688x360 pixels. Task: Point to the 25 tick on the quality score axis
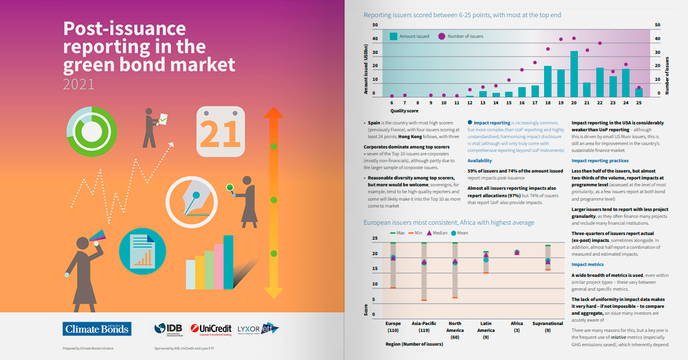click(x=639, y=103)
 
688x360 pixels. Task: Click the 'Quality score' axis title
click(x=404, y=111)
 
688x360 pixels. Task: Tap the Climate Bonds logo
click(x=96, y=328)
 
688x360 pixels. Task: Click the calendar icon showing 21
click(x=220, y=131)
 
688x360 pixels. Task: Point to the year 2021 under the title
click(x=79, y=84)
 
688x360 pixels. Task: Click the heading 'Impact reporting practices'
click(x=600, y=161)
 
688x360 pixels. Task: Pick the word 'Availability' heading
click(x=479, y=161)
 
